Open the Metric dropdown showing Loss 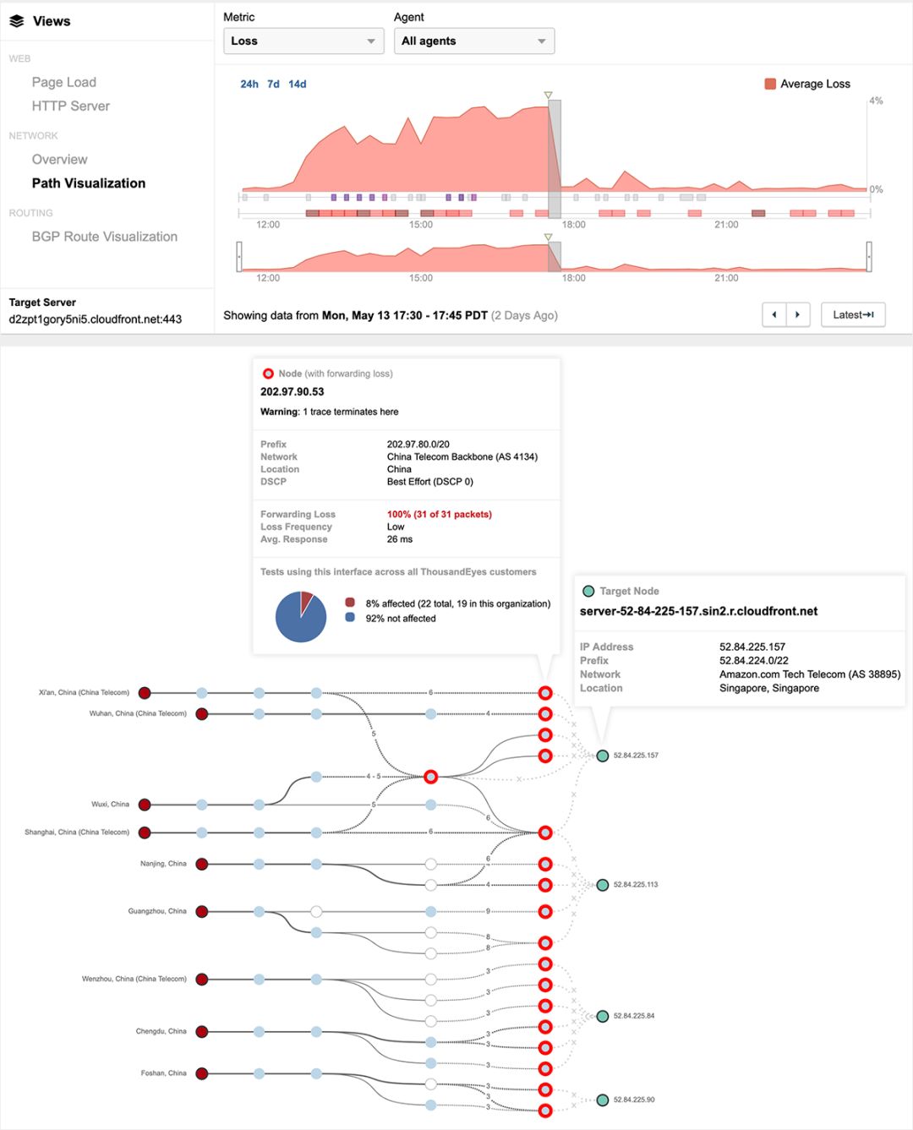(303, 41)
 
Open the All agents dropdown (474, 41)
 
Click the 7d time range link (273, 84)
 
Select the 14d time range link (297, 84)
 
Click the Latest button (853, 314)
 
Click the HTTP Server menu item (70, 106)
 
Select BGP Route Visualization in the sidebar (105, 237)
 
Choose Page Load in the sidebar (64, 82)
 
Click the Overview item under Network (59, 159)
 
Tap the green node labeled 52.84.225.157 (603, 756)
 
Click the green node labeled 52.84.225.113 (603, 884)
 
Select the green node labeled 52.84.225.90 (603, 1100)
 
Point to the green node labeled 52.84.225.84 (603, 1016)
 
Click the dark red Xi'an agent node (145, 693)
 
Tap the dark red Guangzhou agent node (201, 911)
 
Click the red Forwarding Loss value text (440, 514)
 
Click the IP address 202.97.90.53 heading (292, 391)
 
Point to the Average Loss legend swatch (770, 84)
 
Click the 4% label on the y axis (876, 101)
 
